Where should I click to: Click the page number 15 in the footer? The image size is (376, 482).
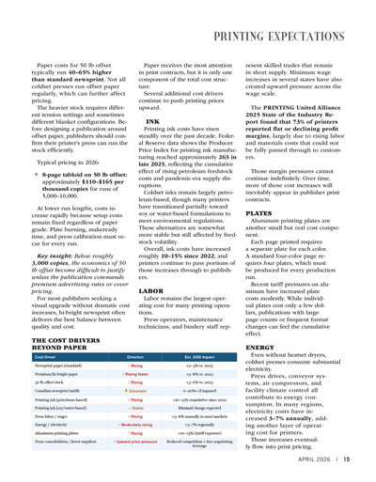[346, 461]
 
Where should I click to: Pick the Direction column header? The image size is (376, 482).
[134, 358]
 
